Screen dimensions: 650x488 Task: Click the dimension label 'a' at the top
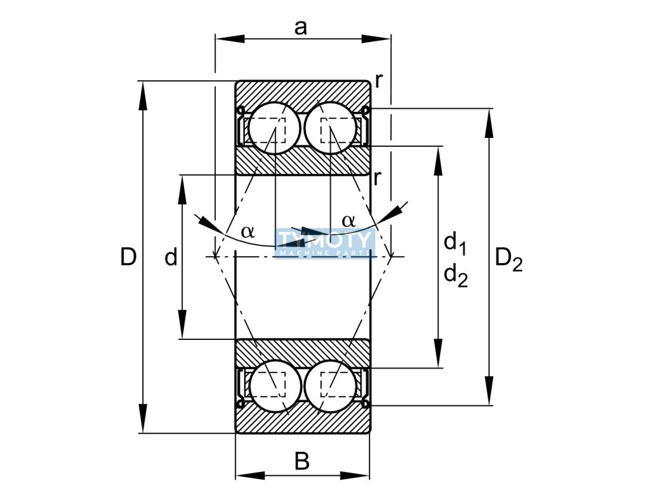coord(300,28)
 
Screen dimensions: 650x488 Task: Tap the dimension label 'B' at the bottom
coord(302,461)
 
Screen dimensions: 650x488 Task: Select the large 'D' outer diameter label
coord(128,257)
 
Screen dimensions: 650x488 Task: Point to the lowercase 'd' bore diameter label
coord(171,257)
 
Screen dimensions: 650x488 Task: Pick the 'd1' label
coord(456,243)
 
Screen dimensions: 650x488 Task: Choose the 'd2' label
coord(456,276)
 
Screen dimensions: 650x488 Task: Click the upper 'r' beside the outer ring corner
coord(378,81)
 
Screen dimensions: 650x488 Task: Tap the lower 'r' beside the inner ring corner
coord(377,178)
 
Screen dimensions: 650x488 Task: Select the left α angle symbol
coord(248,231)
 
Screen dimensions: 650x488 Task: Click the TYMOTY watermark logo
coord(324,243)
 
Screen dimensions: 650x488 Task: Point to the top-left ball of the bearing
coord(274,128)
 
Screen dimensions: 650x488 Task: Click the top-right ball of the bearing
coord(330,128)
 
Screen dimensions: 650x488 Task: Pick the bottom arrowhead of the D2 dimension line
coord(489,390)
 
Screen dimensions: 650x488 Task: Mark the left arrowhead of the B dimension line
coord(250,475)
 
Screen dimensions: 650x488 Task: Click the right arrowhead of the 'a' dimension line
coord(376,39)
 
